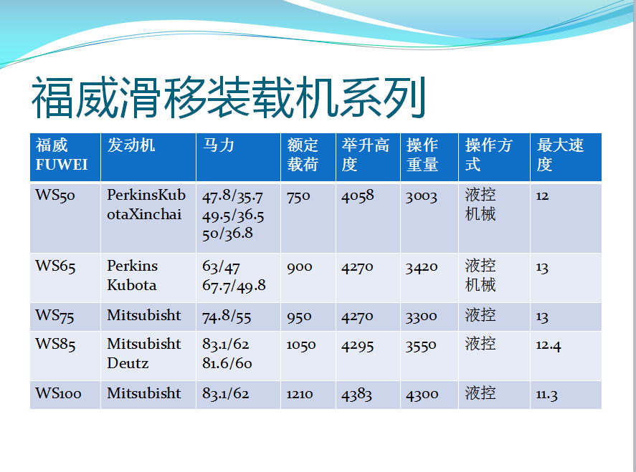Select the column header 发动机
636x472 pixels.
(x=131, y=145)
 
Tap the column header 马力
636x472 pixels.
(x=219, y=145)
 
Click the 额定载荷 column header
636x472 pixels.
(x=303, y=155)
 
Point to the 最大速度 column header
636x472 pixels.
(x=560, y=155)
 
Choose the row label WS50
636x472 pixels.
(x=55, y=196)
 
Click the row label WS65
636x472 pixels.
(x=55, y=266)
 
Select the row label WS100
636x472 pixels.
(x=59, y=393)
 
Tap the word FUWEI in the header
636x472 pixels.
(x=62, y=165)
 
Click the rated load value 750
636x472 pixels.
(x=298, y=196)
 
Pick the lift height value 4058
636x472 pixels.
(x=358, y=196)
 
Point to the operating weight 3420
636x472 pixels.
(x=421, y=267)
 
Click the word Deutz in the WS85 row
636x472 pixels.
(x=128, y=363)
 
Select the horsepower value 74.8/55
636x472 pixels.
(x=227, y=316)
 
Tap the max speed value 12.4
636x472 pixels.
(x=549, y=345)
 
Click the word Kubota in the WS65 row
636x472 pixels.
(x=131, y=285)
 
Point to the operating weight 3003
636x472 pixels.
(x=421, y=196)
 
